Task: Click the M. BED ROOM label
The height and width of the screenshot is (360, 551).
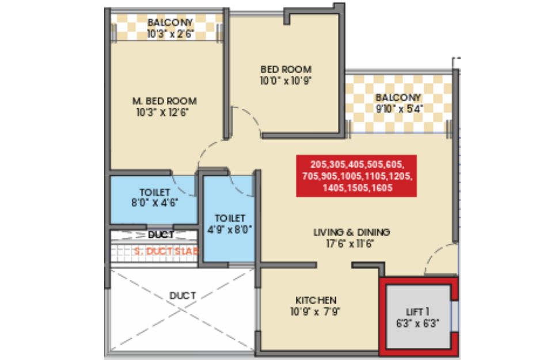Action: [x=165, y=101]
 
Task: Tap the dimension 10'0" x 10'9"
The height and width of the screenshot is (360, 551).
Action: [x=286, y=81]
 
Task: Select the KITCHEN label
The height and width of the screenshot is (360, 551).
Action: [x=316, y=300]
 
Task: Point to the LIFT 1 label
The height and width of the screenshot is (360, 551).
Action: [x=417, y=312]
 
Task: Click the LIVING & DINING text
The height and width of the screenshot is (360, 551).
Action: [x=351, y=232]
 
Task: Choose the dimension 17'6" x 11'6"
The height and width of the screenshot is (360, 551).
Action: [x=349, y=244]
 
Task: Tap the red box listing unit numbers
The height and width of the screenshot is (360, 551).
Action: [x=356, y=176]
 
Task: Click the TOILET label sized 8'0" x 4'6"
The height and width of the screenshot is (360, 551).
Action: [x=155, y=192]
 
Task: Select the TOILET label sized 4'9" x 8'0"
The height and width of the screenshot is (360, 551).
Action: [x=230, y=218]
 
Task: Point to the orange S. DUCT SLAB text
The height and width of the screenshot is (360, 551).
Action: [x=166, y=251]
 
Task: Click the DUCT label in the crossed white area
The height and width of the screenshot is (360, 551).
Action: [x=183, y=295]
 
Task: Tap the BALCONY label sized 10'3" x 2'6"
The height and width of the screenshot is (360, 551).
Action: [x=170, y=22]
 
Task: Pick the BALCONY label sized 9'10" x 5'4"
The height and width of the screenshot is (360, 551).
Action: [x=398, y=97]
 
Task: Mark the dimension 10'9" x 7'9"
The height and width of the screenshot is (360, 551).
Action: [x=315, y=312]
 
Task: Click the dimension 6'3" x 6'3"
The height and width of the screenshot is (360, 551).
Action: [x=418, y=324]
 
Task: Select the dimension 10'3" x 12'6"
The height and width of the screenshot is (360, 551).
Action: [x=162, y=112]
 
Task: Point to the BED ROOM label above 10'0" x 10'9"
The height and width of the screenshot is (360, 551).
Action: [x=286, y=69]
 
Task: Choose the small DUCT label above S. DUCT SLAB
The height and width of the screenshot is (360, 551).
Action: [x=161, y=234]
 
